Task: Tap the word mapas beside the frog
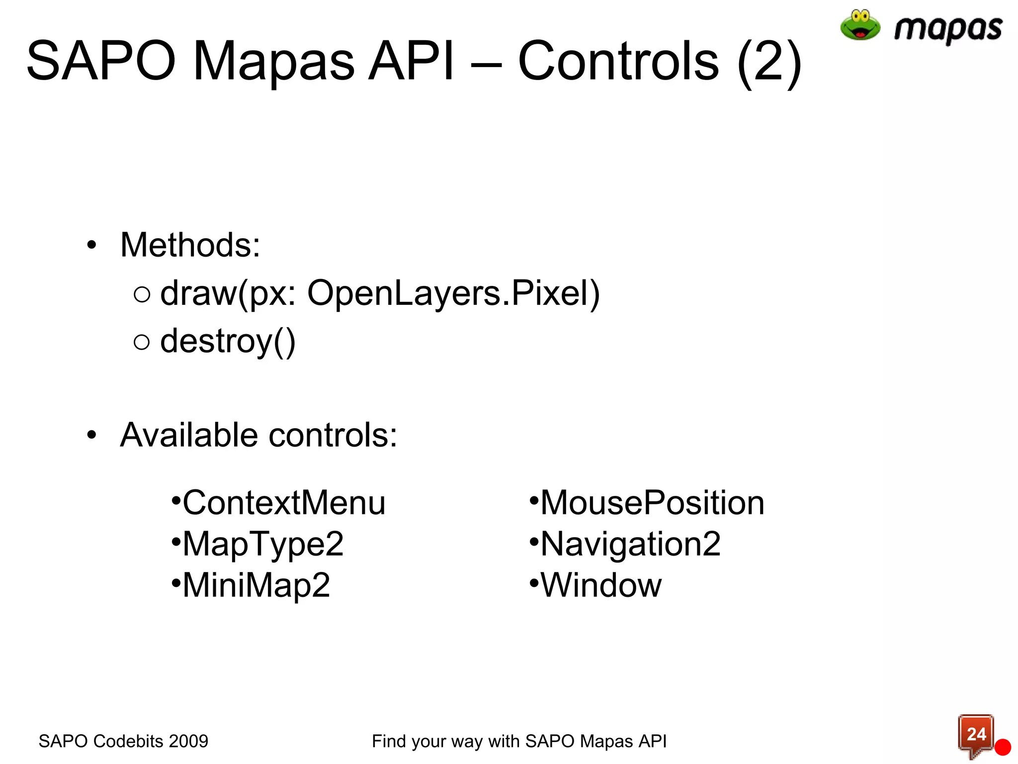[x=948, y=29]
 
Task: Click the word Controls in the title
[x=618, y=61]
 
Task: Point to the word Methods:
[x=190, y=245]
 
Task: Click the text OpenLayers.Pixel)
[x=453, y=293]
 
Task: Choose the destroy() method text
[x=228, y=342]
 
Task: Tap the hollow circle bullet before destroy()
[x=142, y=342]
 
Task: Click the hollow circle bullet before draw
[x=142, y=294]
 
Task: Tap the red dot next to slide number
[x=1003, y=747]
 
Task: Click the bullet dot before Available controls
[x=91, y=436]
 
